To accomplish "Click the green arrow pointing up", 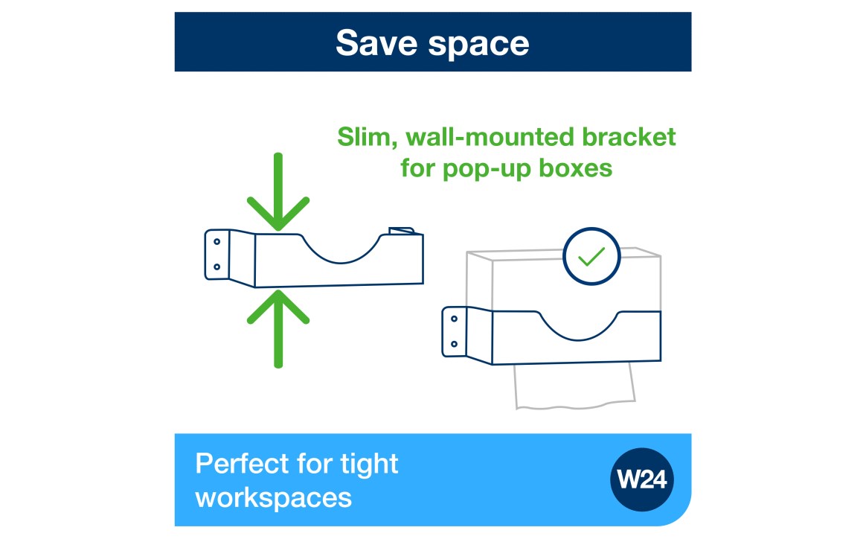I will [278, 328].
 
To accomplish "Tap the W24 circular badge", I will [643, 479].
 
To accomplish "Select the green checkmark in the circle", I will [591, 257].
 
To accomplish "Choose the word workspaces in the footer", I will [273, 497].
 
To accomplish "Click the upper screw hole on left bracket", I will [216, 241].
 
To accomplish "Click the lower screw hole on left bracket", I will [216, 266].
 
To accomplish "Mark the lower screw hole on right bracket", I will [454, 344].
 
